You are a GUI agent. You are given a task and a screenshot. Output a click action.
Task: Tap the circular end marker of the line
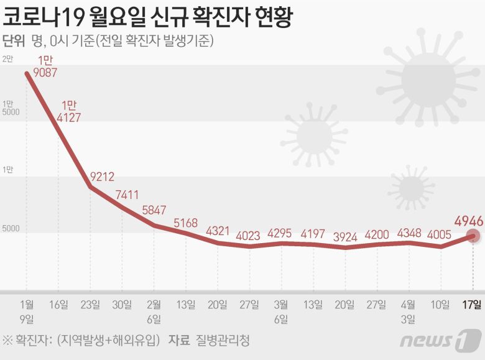point(473,236)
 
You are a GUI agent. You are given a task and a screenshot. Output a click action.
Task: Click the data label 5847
point(154,210)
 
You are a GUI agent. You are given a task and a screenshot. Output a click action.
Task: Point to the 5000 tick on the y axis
point(11,228)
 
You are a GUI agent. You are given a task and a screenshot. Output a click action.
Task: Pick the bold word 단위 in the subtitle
point(14,41)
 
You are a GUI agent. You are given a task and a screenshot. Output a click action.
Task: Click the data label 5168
point(185,222)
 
